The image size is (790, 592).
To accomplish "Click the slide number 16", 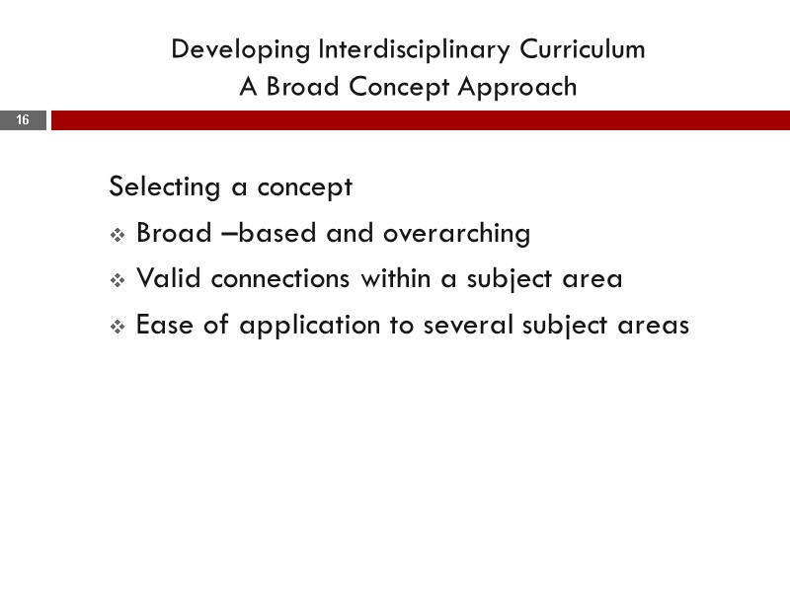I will pyautogui.click(x=23, y=120).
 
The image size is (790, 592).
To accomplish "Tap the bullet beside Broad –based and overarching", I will pyautogui.click(x=117, y=235).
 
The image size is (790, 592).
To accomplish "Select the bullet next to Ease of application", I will pyautogui.click(x=117, y=327).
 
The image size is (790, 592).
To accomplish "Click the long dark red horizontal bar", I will pyautogui.click(x=420, y=120).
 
